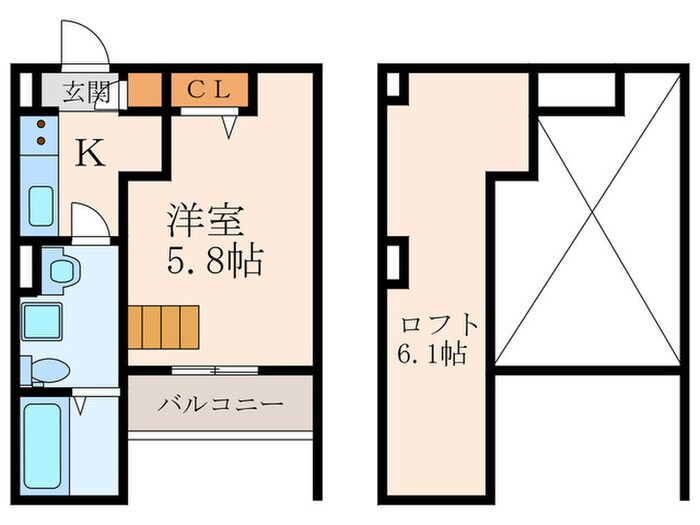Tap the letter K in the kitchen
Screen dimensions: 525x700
coord(90,153)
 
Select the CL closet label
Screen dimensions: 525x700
coord(210,89)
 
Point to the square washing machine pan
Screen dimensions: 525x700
coord(44,322)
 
